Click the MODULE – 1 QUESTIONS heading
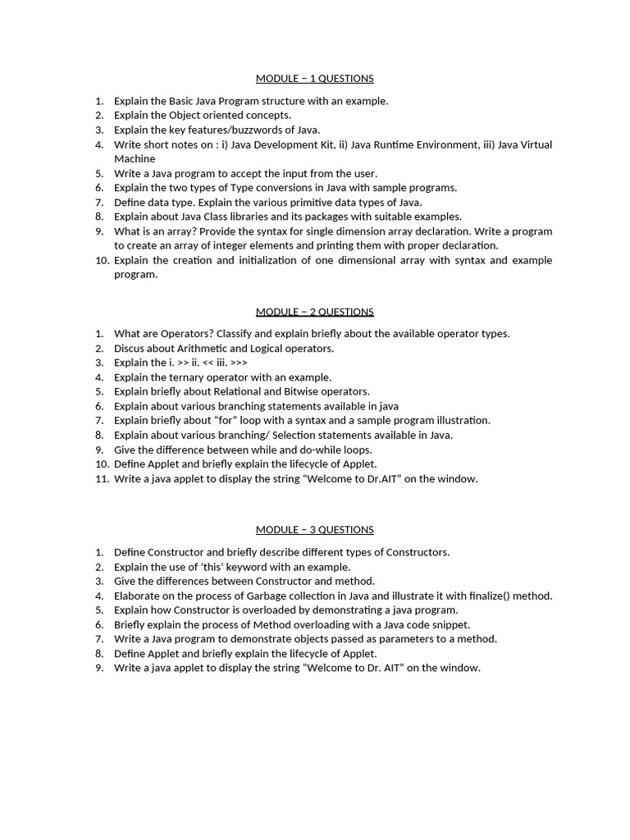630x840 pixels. pyautogui.click(x=314, y=79)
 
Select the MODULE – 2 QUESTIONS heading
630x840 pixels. pyautogui.click(x=314, y=312)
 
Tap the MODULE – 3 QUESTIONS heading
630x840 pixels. pyautogui.click(x=314, y=530)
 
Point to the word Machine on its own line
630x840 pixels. pyautogui.click(x=135, y=158)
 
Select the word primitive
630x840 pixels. pyautogui.click(x=308, y=202)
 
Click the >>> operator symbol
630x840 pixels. pyautogui.click(x=239, y=363)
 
